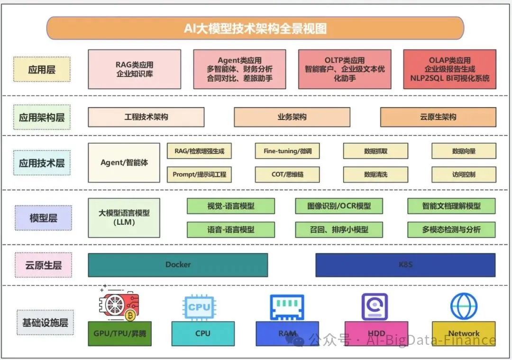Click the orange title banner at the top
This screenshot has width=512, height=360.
(x=255, y=28)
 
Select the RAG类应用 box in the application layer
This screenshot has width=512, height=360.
(x=134, y=69)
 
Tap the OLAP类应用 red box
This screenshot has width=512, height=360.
(x=449, y=69)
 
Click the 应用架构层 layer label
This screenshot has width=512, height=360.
(x=42, y=117)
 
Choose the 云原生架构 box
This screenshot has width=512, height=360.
(x=438, y=117)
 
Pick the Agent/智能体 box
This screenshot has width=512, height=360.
(x=124, y=163)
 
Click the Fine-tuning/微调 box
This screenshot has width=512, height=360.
(x=287, y=151)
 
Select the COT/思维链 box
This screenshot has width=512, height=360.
(x=287, y=175)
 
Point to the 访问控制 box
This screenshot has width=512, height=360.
(x=464, y=175)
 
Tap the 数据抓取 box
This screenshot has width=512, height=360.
(x=375, y=151)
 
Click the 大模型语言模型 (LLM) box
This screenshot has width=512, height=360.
(x=124, y=218)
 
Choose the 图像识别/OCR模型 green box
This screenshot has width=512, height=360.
(x=338, y=206)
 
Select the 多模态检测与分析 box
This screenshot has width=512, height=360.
(x=451, y=230)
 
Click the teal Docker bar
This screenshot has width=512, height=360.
(x=178, y=265)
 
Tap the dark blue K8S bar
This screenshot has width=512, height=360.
(x=405, y=265)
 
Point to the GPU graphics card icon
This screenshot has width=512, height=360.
(x=119, y=305)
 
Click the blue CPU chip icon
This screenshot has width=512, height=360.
(x=199, y=307)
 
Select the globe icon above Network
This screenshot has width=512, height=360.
(x=464, y=306)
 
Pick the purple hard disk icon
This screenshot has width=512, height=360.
(x=375, y=306)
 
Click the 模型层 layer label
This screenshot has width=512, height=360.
(x=43, y=218)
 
